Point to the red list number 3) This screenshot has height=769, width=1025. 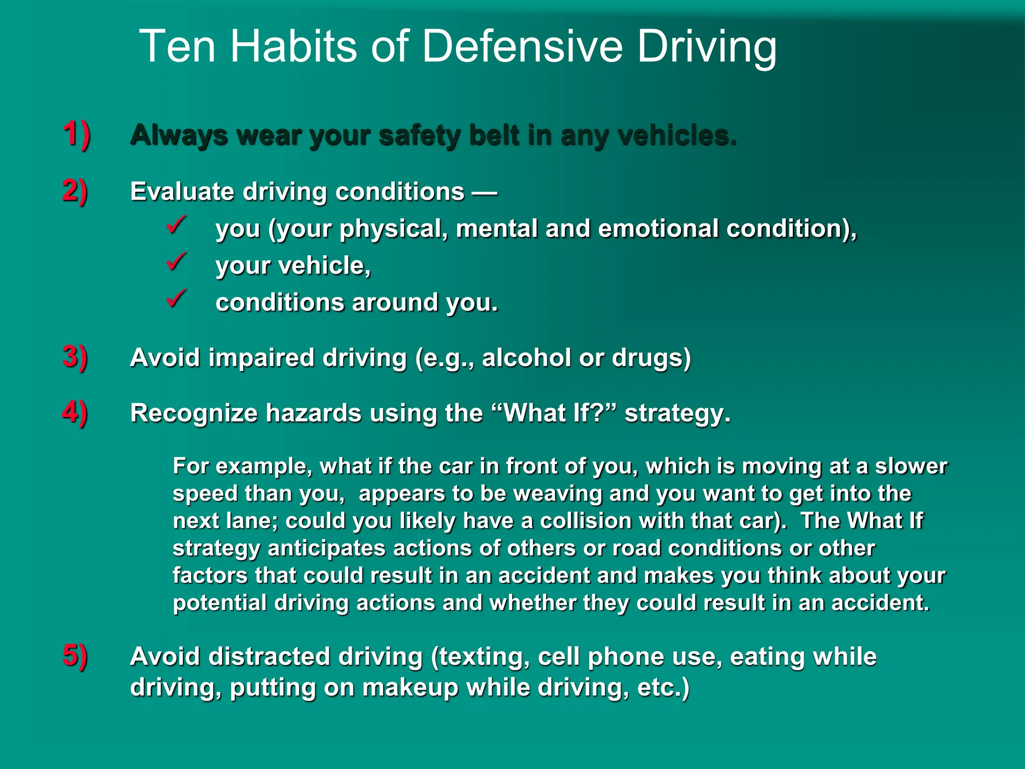pyautogui.click(x=75, y=357)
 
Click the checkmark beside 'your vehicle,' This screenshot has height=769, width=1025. pyautogui.click(x=176, y=262)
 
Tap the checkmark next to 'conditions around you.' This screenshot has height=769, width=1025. pyautogui.click(x=176, y=299)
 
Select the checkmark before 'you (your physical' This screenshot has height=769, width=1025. pyautogui.click(x=176, y=225)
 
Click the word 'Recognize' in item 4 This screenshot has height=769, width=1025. pyautogui.click(x=194, y=413)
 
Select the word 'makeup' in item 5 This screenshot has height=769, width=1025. pyautogui.click(x=410, y=687)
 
